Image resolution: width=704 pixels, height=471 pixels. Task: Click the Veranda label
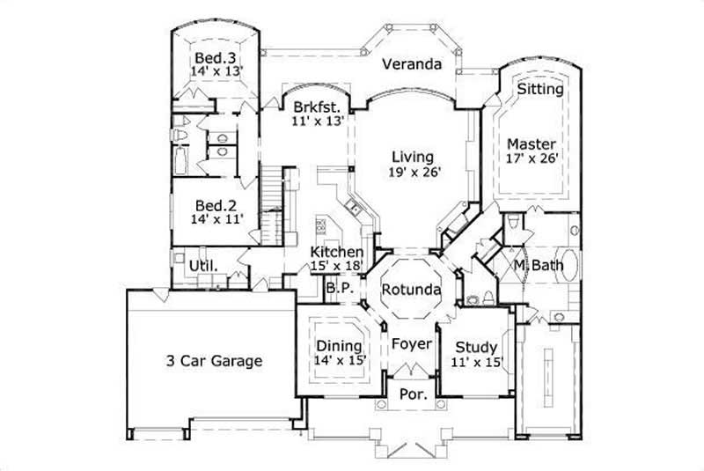tap(410, 64)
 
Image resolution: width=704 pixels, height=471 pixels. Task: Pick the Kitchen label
tap(336, 252)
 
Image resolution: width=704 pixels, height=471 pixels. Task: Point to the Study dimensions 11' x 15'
tap(477, 361)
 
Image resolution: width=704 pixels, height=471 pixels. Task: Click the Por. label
tap(413, 394)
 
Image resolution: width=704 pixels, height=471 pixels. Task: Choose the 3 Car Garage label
tap(215, 360)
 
